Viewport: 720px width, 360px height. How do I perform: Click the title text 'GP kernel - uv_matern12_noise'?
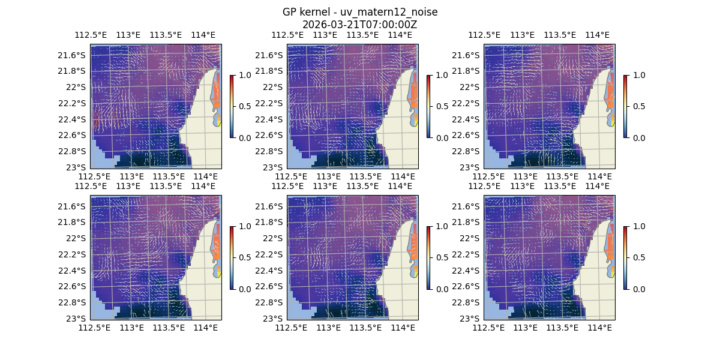point(360,12)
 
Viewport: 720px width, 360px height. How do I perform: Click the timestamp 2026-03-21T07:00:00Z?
point(360,25)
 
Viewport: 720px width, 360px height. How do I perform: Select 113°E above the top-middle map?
point(325,35)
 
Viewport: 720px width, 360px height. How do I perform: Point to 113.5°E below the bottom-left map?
point(169,328)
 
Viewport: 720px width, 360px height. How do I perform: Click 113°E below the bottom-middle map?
point(329,328)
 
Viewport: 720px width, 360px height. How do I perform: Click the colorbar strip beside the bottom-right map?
point(625,257)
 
